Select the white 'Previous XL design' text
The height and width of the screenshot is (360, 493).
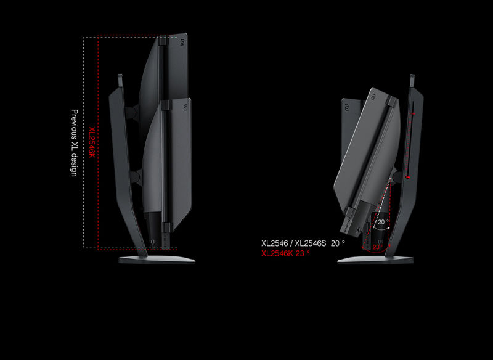point(74,143)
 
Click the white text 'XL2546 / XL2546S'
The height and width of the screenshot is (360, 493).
point(293,243)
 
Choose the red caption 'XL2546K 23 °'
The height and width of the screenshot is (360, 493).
point(285,253)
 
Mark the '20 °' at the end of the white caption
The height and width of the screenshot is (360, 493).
point(338,243)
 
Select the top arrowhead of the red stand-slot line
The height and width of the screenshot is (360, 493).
point(414,114)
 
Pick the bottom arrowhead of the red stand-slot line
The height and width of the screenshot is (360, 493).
point(407,176)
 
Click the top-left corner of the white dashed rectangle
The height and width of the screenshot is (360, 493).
point(84,38)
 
